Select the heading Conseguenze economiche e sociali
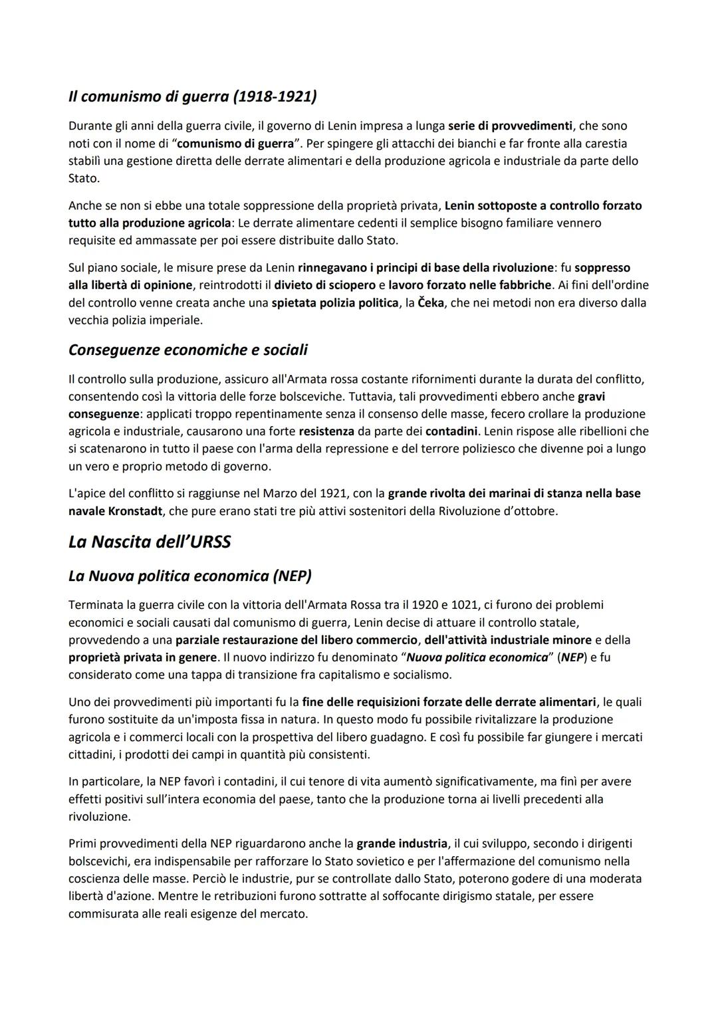[187, 350]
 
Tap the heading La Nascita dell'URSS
[150, 542]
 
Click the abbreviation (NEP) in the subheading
[292, 576]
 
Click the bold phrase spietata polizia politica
[335, 302]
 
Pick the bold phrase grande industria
[402, 844]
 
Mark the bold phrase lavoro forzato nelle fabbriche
[469, 285]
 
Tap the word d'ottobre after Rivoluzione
[531, 511]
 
